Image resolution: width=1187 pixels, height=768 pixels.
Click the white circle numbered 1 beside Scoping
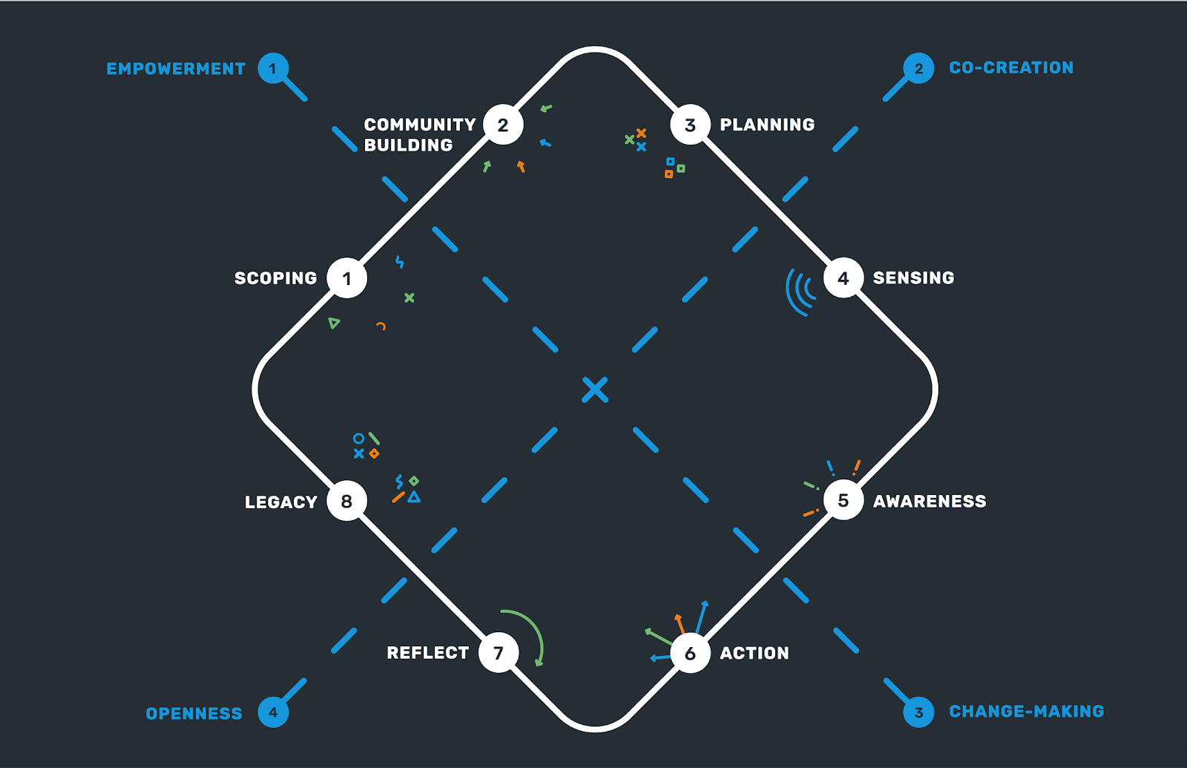tap(346, 278)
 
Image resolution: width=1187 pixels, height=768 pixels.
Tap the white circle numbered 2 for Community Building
tap(503, 125)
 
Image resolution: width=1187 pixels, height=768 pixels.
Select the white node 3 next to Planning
tap(690, 125)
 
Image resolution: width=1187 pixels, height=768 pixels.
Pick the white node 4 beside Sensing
tap(844, 278)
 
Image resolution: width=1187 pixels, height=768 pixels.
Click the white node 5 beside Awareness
tap(844, 500)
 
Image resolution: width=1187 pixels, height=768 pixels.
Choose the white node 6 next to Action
tap(690, 653)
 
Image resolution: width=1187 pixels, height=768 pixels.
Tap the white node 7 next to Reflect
tap(499, 653)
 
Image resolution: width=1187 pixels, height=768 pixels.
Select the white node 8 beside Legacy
tap(346, 501)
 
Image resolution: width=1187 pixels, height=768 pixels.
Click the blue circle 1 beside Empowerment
tap(273, 69)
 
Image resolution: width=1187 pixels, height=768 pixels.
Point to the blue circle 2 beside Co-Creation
tap(918, 69)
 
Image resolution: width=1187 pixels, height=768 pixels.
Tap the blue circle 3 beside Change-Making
tap(918, 712)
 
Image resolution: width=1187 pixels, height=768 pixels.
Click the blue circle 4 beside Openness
tap(273, 712)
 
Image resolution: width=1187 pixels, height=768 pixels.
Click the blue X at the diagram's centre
tap(595, 390)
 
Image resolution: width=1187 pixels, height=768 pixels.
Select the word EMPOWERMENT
tap(176, 69)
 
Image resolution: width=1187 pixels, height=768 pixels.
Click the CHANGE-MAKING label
tap(1026, 712)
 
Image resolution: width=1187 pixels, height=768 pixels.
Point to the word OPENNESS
tap(194, 714)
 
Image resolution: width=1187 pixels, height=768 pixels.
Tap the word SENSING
tap(913, 278)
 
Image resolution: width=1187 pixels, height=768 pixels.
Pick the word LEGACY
tap(280, 502)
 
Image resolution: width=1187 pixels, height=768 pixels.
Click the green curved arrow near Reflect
tap(530, 631)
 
